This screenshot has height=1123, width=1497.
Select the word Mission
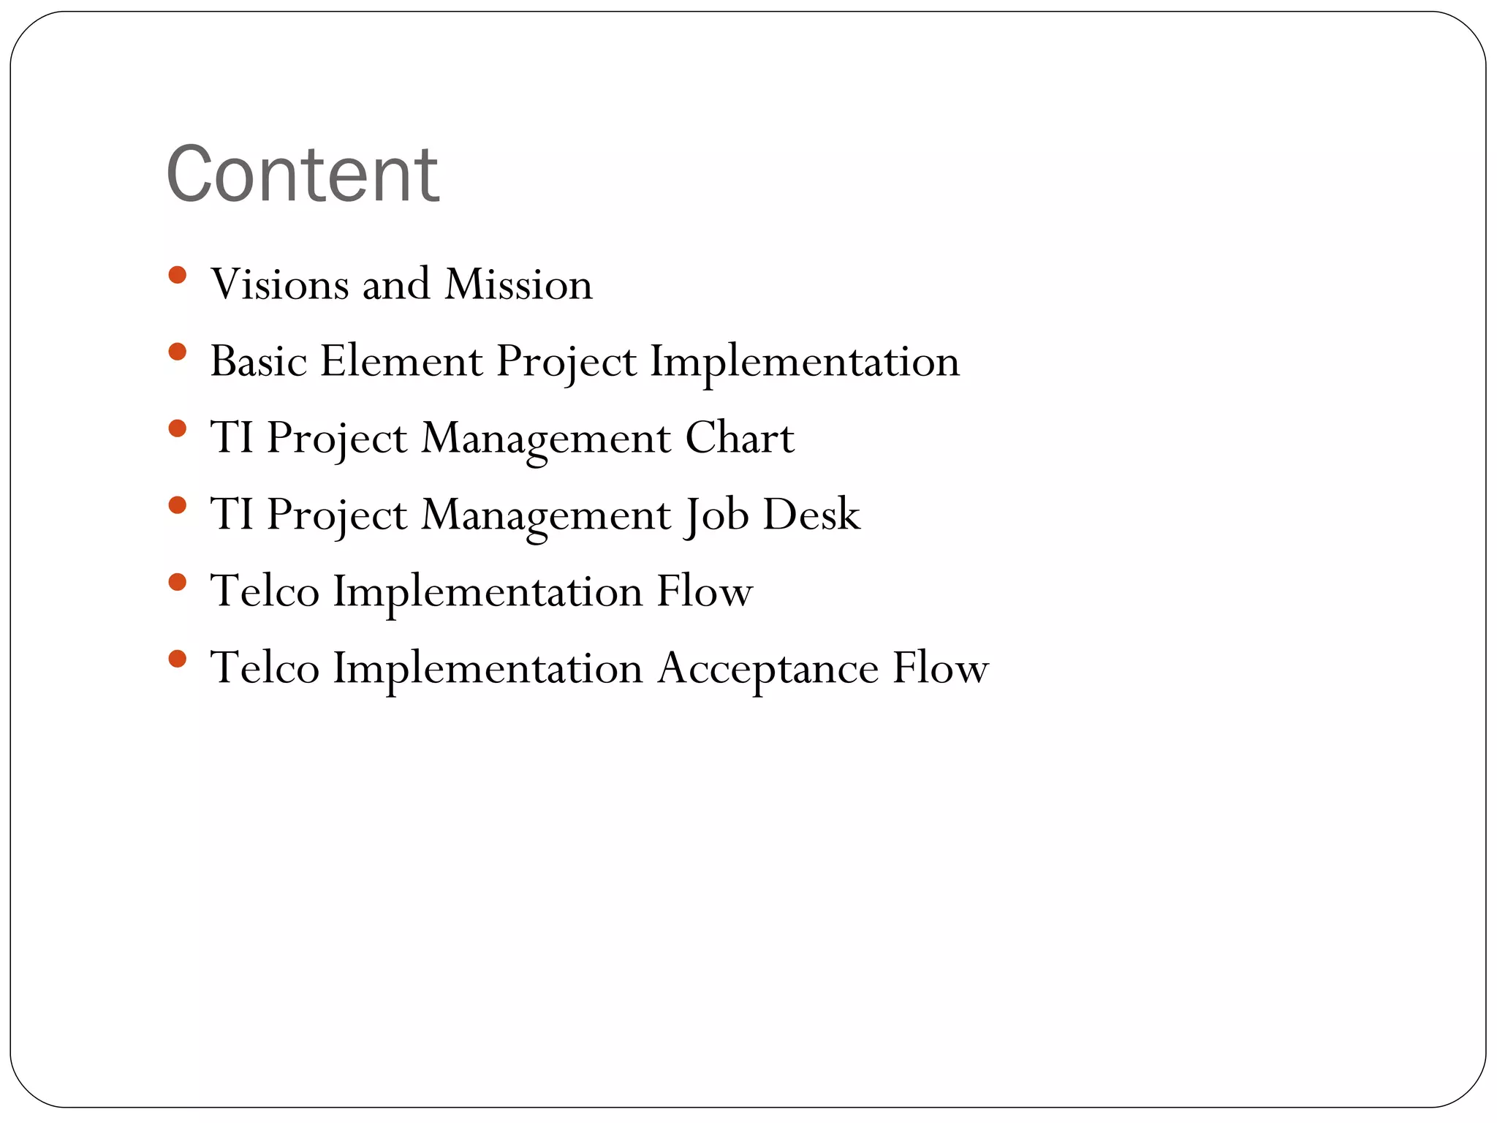(518, 284)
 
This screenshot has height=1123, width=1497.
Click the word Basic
(259, 360)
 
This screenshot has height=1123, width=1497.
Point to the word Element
(401, 360)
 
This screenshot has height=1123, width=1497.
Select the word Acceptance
(768, 668)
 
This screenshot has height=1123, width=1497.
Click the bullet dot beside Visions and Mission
(177, 276)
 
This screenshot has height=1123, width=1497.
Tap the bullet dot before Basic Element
(177, 352)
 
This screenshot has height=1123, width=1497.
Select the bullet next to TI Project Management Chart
(177, 428)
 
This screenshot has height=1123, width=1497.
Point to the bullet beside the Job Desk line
(177, 505)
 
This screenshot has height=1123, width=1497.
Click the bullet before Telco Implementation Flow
(177, 582)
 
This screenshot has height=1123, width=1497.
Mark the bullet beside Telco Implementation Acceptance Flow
(177, 659)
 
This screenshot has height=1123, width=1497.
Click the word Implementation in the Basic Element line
(805, 360)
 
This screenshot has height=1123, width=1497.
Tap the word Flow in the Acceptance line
(940, 668)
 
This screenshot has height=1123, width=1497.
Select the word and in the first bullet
(395, 284)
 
